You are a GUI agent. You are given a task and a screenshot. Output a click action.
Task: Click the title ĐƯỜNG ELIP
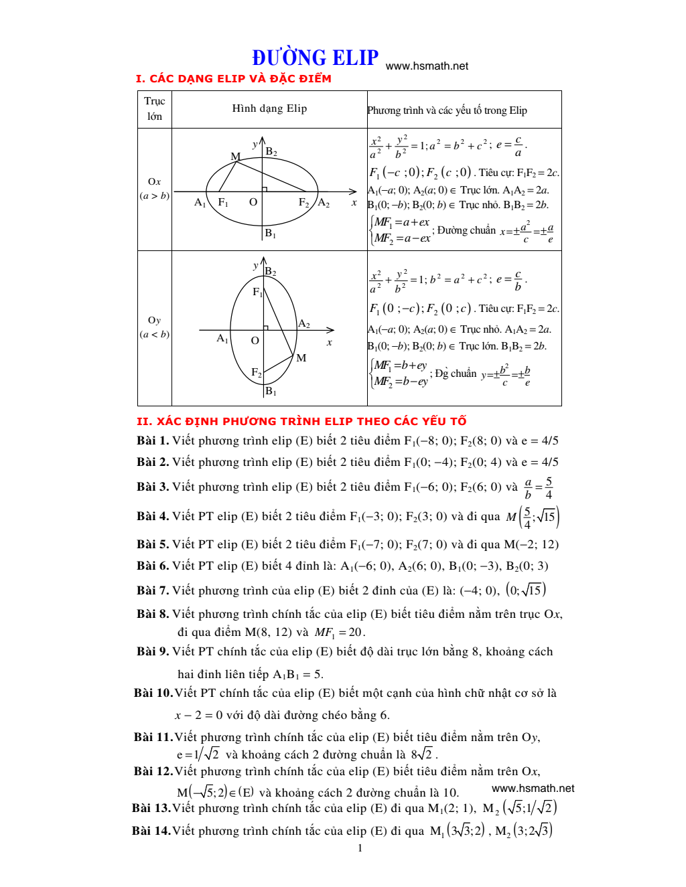click(315, 58)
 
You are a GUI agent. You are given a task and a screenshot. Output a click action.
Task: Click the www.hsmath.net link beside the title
click(427, 66)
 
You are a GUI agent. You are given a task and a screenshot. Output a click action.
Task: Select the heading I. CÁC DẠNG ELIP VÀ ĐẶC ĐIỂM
click(233, 78)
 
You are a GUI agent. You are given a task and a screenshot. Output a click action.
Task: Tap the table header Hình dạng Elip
click(269, 108)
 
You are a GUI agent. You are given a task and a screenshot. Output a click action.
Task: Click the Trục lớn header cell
click(154, 108)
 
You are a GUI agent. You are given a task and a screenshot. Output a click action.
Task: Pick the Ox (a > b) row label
click(154, 189)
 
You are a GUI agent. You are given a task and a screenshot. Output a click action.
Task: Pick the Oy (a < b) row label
click(154, 327)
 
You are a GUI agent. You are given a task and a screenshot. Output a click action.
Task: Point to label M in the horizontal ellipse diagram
click(236, 156)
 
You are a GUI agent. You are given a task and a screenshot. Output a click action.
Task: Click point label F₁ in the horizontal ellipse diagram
click(223, 202)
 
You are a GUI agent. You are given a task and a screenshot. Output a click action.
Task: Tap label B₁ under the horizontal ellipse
click(270, 233)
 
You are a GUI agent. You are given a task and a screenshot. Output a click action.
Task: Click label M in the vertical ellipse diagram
click(301, 358)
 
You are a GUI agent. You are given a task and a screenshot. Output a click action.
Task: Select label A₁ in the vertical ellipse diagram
click(222, 339)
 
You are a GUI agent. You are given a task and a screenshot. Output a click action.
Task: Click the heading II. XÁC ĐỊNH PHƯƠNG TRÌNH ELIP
click(301, 421)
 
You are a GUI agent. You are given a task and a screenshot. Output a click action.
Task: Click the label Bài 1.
click(152, 440)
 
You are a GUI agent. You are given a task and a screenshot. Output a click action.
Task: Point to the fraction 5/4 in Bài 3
click(549, 488)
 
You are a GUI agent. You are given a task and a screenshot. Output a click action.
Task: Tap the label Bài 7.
click(152, 590)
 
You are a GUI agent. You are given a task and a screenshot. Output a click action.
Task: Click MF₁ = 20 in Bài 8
click(339, 633)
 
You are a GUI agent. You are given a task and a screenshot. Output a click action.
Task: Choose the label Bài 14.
click(151, 831)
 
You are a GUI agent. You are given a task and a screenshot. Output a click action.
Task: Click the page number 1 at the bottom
click(360, 848)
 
